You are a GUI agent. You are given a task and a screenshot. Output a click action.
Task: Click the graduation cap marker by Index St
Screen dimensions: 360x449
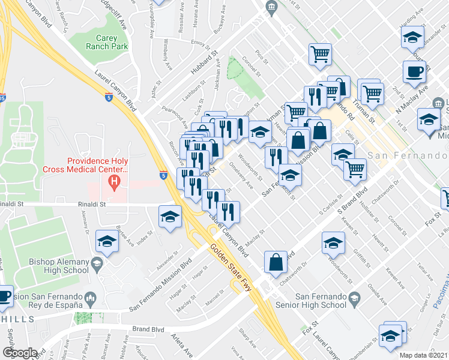(107, 241)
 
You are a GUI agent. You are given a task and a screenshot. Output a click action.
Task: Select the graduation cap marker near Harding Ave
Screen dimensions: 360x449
(413, 38)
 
